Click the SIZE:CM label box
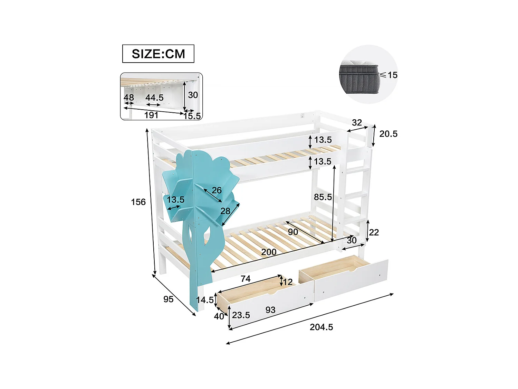tap(158, 54)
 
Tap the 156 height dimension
tap(138, 202)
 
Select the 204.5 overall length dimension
tap(321, 327)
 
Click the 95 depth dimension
tap(168, 299)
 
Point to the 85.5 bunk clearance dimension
tap(323, 197)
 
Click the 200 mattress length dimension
tap(269, 252)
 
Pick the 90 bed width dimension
tap(293, 232)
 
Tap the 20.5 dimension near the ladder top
tap(388, 134)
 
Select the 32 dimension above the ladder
tap(357, 122)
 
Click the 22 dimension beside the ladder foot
tap(374, 232)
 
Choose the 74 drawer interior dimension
tap(246, 279)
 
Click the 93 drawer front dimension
tap(270, 310)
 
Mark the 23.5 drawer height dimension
tap(241, 315)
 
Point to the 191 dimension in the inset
tap(151, 115)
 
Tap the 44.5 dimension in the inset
tap(154, 98)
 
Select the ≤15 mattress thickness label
tap(389, 75)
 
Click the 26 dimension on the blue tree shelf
tap(217, 190)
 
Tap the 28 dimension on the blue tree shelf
tap(225, 211)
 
